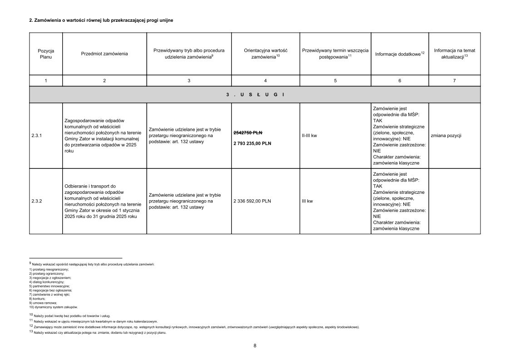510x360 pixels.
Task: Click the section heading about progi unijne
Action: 101,20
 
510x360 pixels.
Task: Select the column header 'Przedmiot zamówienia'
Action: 104,54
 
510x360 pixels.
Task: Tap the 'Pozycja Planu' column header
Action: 46,54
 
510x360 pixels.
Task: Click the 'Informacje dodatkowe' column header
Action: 400,54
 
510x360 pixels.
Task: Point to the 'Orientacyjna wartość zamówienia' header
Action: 265,54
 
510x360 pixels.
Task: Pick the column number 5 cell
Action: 335,80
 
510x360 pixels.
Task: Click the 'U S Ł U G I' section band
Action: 255,94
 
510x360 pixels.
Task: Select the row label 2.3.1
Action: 37,136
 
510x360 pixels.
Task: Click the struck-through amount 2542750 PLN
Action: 248,133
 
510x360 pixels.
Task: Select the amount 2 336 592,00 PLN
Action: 252,201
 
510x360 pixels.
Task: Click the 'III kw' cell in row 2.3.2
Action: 307,201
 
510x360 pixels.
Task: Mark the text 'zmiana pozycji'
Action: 446,136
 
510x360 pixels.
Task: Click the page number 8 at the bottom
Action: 255,345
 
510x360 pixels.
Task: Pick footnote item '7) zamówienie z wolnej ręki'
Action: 50,295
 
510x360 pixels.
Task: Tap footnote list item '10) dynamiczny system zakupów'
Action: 53,307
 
